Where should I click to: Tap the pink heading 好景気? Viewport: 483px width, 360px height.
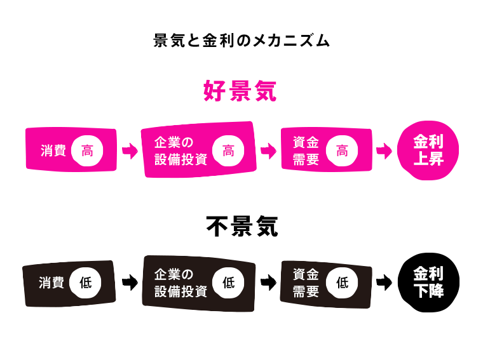[x=240, y=91]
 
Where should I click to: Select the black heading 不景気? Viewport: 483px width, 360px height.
[x=241, y=225]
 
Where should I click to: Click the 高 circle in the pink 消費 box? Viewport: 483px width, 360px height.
[x=87, y=151]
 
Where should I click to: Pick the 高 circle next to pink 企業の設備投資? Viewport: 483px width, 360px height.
[x=228, y=151]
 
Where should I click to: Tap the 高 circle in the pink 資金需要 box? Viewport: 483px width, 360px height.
[x=342, y=151]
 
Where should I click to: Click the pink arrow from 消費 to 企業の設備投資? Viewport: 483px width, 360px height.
[x=130, y=152]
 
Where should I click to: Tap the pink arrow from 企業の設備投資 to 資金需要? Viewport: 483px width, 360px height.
[x=268, y=152]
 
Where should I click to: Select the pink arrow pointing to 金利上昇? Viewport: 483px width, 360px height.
[x=384, y=152]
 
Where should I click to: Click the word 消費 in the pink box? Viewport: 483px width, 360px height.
[x=53, y=152]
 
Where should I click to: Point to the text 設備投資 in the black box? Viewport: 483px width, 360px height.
[x=181, y=291]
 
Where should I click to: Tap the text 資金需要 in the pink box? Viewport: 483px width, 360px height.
[x=306, y=150]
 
